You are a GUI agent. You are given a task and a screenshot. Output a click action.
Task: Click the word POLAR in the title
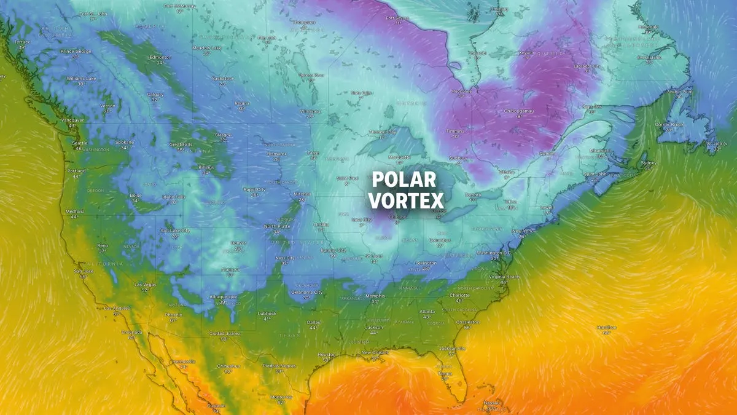pos(404,180)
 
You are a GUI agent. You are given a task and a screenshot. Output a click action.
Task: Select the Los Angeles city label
pos(117,307)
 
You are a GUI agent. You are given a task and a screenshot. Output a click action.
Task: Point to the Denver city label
pos(238,243)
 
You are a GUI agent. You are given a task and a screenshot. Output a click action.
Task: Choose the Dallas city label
pos(314,322)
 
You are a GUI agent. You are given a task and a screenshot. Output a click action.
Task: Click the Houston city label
pos(327,354)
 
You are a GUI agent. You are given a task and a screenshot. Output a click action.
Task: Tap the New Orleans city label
pos(375,352)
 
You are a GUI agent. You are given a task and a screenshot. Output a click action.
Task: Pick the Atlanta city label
pos(429,311)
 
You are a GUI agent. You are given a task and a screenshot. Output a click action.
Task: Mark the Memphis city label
pos(375,296)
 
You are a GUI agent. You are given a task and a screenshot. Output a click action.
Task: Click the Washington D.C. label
pos(494,253)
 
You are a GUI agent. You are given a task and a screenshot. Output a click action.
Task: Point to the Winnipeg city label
pos(310,111)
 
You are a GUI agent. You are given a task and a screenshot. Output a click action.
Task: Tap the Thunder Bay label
pos(383,132)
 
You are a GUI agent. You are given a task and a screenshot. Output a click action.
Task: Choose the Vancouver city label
pos(72,120)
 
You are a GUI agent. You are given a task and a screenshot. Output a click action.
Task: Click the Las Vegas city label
pos(146,284)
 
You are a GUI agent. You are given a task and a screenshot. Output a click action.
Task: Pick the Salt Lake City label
pos(175,230)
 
